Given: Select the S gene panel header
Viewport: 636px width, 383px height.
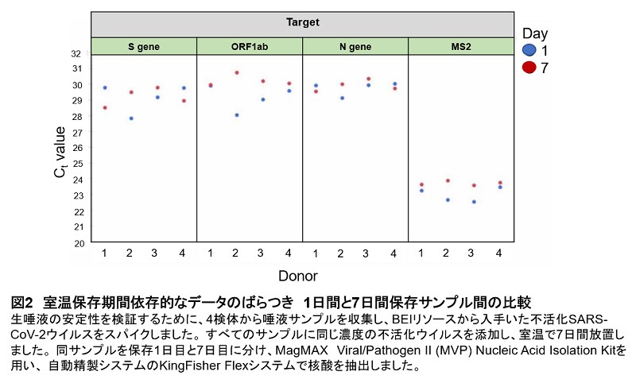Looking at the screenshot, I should (144, 46).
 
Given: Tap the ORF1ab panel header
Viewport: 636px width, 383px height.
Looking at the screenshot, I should (250, 46).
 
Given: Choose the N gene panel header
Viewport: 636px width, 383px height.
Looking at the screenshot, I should (355, 46).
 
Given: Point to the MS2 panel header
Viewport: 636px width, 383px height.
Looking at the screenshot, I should (460, 46).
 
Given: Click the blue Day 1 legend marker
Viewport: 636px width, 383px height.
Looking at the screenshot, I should (529, 50).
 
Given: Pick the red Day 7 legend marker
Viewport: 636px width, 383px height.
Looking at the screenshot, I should (529, 68).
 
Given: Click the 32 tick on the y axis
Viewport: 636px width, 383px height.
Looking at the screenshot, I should (76, 54).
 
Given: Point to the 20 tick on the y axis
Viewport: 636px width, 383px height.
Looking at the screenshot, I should (76, 243).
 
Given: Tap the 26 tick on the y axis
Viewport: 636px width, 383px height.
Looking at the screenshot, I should (76, 149).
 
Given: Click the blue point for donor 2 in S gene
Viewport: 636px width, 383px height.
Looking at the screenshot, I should (131, 118).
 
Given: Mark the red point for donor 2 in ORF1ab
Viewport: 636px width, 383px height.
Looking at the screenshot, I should (237, 72).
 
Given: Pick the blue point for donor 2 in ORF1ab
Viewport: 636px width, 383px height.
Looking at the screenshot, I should (237, 115).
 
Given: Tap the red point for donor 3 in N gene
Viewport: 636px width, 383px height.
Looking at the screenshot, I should (368, 79).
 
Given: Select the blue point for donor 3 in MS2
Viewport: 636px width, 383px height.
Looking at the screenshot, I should (474, 202).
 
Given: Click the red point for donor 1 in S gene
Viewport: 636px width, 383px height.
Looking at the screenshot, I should (105, 107).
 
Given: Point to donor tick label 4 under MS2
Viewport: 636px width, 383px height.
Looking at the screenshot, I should (498, 253).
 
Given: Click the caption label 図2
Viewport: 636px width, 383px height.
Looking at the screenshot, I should (24, 302).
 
